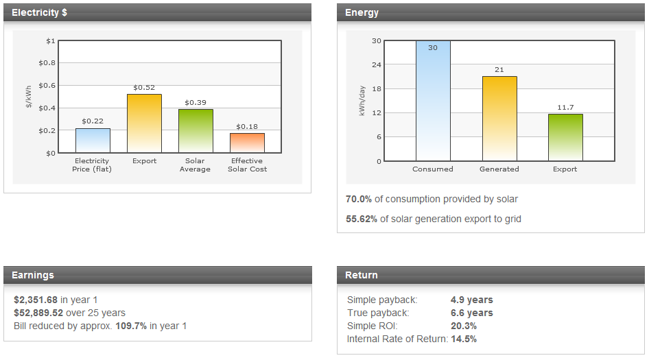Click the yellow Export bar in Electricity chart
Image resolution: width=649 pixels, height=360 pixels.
pyautogui.click(x=144, y=123)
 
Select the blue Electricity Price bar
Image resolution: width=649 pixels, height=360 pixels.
pyautogui.click(x=93, y=141)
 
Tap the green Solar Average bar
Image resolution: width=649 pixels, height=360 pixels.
pyautogui.click(x=196, y=131)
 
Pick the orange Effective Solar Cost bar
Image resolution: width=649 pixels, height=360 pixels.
pyautogui.click(x=247, y=143)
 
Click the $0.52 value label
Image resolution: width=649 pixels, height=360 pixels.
pyautogui.click(x=144, y=87)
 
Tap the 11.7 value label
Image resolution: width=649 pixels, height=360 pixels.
pyautogui.click(x=565, y=108)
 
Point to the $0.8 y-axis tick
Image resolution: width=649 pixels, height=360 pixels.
pyautogui.click(x=47, y=63)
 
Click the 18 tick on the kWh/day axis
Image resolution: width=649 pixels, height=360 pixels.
pyautogui.click(x=377, y=89)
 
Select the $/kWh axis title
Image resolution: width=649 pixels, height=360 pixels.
pyautogui.click(x=29, y=97)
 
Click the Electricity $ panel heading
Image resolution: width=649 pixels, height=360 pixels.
pyautogui.click(x=39, y=12)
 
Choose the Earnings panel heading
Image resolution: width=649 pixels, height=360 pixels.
pyautogui.click(x=33, y=275)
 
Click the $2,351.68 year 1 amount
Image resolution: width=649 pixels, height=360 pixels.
pyautogui.click(x=36, y=300)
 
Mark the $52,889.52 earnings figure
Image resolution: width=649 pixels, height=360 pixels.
pyautogui.click(x=38, y=313)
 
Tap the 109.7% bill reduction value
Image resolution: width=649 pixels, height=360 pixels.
pyautogui.click(x=131, y=326)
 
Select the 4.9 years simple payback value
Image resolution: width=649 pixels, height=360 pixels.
pyautogui.click(x=471, y=300)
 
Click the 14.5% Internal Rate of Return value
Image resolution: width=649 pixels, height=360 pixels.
pyautogui.click(x=464, y=339)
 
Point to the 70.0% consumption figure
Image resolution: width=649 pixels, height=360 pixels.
pyautogui.click(x=359, y=199)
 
